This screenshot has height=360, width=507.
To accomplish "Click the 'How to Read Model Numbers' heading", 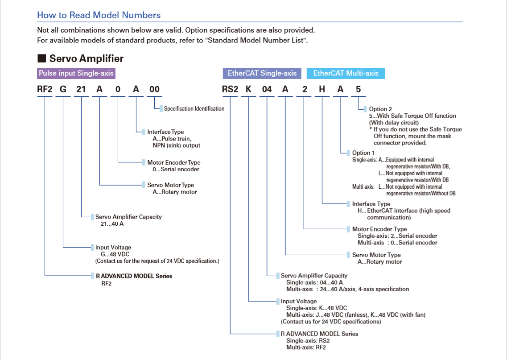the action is click(99, 15).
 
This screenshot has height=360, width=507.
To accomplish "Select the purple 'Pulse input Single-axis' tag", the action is click(76, 73).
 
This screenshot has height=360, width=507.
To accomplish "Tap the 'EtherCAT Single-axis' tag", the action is click(262, 73).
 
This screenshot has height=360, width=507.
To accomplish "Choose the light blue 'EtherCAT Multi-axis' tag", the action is click(346, 73).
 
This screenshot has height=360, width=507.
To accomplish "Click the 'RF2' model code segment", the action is click(45, 89).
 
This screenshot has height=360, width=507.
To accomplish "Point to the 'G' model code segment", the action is click(63, 89).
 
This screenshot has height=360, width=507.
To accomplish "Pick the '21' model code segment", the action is click(81, 89).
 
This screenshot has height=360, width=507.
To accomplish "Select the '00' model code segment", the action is click(154, 89).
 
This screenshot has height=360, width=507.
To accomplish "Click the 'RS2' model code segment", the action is click(230, 89).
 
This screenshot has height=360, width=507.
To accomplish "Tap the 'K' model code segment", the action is click(248, 89).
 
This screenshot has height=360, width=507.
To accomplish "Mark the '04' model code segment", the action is click(267, 89).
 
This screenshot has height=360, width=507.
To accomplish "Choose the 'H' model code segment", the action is click(322, 89).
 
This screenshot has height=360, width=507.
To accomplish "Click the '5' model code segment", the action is click(358, 89).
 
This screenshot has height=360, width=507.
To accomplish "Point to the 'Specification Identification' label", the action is click(194, 109).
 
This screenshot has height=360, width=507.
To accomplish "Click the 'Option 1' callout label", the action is click(363, 153).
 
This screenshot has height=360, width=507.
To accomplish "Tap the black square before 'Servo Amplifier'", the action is click(42, 58).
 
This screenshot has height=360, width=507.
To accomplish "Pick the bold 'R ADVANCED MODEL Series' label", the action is click(134, 276).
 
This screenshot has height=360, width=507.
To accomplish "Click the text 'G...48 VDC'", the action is click(115, 254).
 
